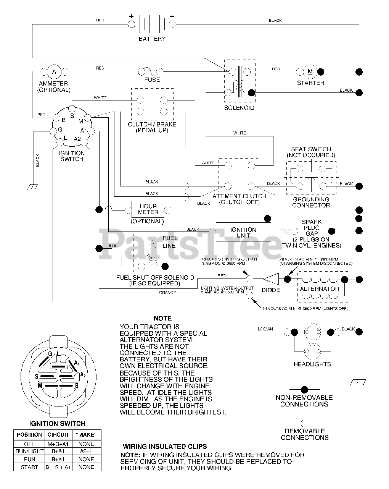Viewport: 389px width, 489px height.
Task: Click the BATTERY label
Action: pyautogui.click(x=152, y=39)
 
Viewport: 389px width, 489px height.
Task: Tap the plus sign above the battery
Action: pyautogui.click(x=132, y=16)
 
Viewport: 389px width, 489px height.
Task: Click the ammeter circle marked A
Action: pyautogui.click(x=54, y=71)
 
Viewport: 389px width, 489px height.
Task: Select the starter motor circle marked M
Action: pyautogui.click(x=310, y=71)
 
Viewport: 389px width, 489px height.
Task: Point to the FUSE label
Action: pyautogui.click(x=152, y=80)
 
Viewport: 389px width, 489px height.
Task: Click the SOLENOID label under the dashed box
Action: pyautogui.click(x=239, y=108)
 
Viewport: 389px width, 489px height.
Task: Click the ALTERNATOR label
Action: pyautogui.click(x=319, y=289)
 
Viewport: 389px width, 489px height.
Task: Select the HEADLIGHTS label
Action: pyautogui.click(x=312, y=364)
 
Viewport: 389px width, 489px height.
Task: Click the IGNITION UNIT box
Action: pyautogui.click(x=243, y=233)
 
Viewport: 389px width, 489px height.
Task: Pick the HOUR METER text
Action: pyautogui.click(x=148, y=209)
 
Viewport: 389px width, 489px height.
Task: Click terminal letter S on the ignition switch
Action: pyautogui.click(x=72, y=116)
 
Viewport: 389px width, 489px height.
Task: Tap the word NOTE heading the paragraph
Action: pyautogui.click(x=162, y=318)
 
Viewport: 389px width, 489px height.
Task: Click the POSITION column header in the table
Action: pyautogui.click(x=29, y=435)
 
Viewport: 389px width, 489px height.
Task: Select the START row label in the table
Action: pyautogui.click(x=29, y=467)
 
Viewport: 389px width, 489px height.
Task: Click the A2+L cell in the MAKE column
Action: pyautogui.click(x=86, y=452)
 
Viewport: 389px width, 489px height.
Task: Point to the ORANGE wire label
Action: pyautogui.click(x=167, y=293)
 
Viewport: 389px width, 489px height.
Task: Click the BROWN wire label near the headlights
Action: pyautogui.click(x=265, y=329)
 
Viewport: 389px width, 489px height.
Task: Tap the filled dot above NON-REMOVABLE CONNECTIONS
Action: pyautogui.click(x=304, y=390)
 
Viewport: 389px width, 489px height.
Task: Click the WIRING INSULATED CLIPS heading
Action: pyautogui.click(x=165, y=446)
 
